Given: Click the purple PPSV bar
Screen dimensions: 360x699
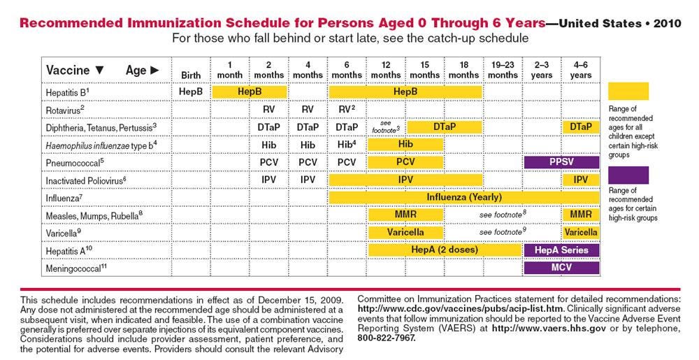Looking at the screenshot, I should (561, 161).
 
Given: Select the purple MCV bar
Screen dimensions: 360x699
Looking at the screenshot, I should (561, 267).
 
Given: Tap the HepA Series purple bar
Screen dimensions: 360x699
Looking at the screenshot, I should (561, 250).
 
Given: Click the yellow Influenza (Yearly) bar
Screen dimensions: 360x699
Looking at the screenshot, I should (463, 197).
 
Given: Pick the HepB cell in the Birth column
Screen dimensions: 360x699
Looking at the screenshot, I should (191, 91).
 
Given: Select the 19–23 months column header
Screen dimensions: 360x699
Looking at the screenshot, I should (503, 70).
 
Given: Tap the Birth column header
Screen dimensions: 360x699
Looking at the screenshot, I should (191, 75).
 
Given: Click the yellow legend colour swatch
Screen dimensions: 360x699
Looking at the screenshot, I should (628, 91).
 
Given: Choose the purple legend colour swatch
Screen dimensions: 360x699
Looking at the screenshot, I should (628, 174).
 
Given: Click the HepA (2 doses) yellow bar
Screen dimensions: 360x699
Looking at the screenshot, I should (445, 250).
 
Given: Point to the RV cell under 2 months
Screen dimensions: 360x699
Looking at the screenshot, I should (269, 109).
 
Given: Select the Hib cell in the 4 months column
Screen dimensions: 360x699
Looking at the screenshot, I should (308, 144).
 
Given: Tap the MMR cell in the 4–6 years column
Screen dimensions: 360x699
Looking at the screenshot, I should (581, 215).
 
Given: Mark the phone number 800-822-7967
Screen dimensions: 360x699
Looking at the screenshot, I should (387, 337).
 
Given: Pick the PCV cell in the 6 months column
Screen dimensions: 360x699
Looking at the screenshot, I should (347, 162).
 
